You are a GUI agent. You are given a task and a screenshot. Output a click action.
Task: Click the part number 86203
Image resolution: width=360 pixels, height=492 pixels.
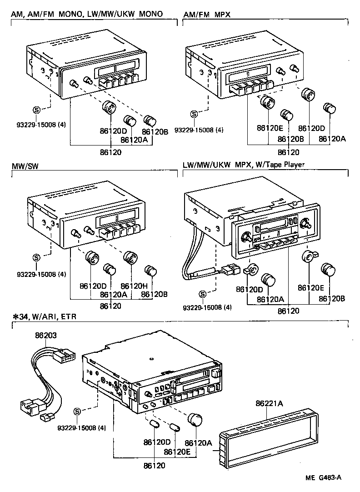pyautogui.click(x=46, y=336)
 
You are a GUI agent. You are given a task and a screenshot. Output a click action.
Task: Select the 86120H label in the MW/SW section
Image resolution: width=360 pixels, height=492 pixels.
pyautogui.click(x=133, y=286)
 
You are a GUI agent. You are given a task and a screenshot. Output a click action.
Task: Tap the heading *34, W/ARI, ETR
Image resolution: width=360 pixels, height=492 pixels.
pyautogui.click(x=40, y=316)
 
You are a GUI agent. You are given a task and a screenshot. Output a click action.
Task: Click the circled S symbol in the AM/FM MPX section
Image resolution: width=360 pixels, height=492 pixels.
pyautogui.click(x=194, y=114)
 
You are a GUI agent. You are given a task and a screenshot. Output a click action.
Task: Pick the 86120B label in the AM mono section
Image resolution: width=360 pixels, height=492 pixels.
pyautogui.click(x=155, y=131)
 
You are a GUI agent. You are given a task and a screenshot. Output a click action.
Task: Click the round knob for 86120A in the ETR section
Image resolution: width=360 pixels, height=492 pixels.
pyautogui.click(x=195, y=420)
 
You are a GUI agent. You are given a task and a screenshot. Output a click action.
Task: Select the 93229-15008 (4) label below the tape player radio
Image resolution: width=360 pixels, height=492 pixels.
pyautogui.click(x=206, y=307)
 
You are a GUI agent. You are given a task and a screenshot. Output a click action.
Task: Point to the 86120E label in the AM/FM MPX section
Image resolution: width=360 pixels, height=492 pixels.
pyautogui.click(x=270, y=128)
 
